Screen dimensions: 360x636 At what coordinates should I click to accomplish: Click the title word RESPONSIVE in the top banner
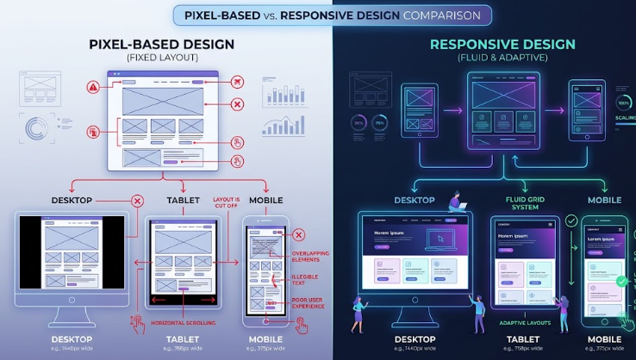click(x=328, y=15)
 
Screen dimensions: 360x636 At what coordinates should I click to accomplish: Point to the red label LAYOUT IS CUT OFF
click(x=226, y=204)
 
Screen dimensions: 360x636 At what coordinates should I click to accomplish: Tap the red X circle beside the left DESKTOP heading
click(x=136, y=201)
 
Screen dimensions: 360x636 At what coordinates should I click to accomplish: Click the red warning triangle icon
click(x=92, y=87)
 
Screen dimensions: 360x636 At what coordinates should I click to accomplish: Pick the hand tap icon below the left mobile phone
click(x=301, y=326)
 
